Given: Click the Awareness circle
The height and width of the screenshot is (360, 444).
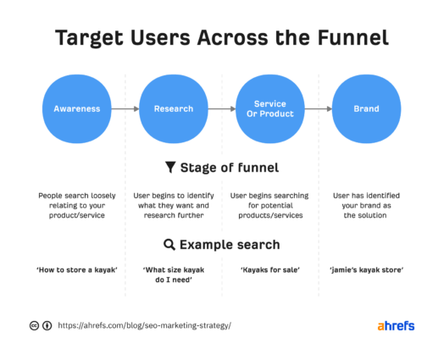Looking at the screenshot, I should (76, 108).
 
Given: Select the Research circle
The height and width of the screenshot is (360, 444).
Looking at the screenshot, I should (173, 108).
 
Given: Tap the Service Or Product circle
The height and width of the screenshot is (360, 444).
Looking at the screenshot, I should (269, 108).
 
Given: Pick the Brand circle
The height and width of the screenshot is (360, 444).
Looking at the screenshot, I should (366, 108).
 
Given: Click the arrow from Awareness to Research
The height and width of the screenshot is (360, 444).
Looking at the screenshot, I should (125, 108).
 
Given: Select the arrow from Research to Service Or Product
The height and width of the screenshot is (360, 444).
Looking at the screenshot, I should (221, 108).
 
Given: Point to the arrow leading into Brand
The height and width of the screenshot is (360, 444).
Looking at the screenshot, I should (318, 108).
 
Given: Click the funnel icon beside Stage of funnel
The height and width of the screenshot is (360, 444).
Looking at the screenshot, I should (170, 167).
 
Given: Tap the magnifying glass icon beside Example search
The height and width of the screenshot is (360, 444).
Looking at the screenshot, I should (169, 245).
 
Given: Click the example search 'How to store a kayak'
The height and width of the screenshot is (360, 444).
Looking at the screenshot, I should (76, 269).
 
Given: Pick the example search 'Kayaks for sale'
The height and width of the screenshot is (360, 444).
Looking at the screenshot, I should (269, 269).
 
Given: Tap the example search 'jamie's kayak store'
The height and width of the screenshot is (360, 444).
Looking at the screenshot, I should (366, 269).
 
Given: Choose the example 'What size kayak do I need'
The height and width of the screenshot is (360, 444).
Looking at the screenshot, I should (173, 274).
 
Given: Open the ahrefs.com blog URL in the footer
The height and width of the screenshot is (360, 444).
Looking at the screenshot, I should (144, 325).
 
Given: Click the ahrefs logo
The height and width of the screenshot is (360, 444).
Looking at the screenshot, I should (395, 325).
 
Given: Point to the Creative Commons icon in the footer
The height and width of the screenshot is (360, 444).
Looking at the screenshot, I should (35, 325).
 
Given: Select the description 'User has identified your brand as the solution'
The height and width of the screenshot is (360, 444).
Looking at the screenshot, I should (366, 205).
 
